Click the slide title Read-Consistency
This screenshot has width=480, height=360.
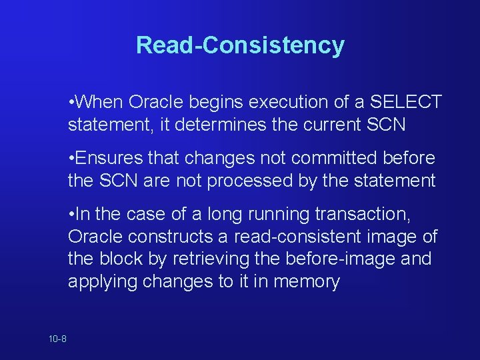pyautogui.click(x=240, y=45)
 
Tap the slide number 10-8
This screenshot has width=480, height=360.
pyautogui.click(x=57, y=339)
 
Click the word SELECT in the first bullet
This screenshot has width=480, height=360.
pyautogui.click(x=406, y=102)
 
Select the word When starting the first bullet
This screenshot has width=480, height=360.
pyautogui.click(x=100, y=102)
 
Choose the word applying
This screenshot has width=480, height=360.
pyautogui.click(x=104, y=281)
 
